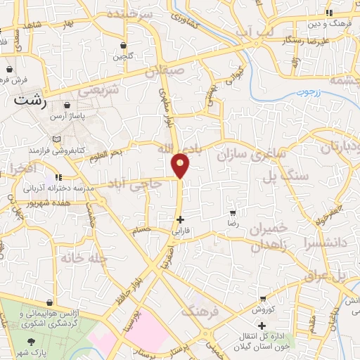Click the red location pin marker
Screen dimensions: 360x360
click(x=181, y=165)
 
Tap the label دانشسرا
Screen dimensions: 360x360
click(x=323, y=243)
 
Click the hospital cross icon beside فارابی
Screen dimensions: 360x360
click(x=181, y=219)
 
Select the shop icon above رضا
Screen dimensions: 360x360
click(x=233, y=212)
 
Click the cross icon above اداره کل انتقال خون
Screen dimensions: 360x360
click(x=262, y=326)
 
